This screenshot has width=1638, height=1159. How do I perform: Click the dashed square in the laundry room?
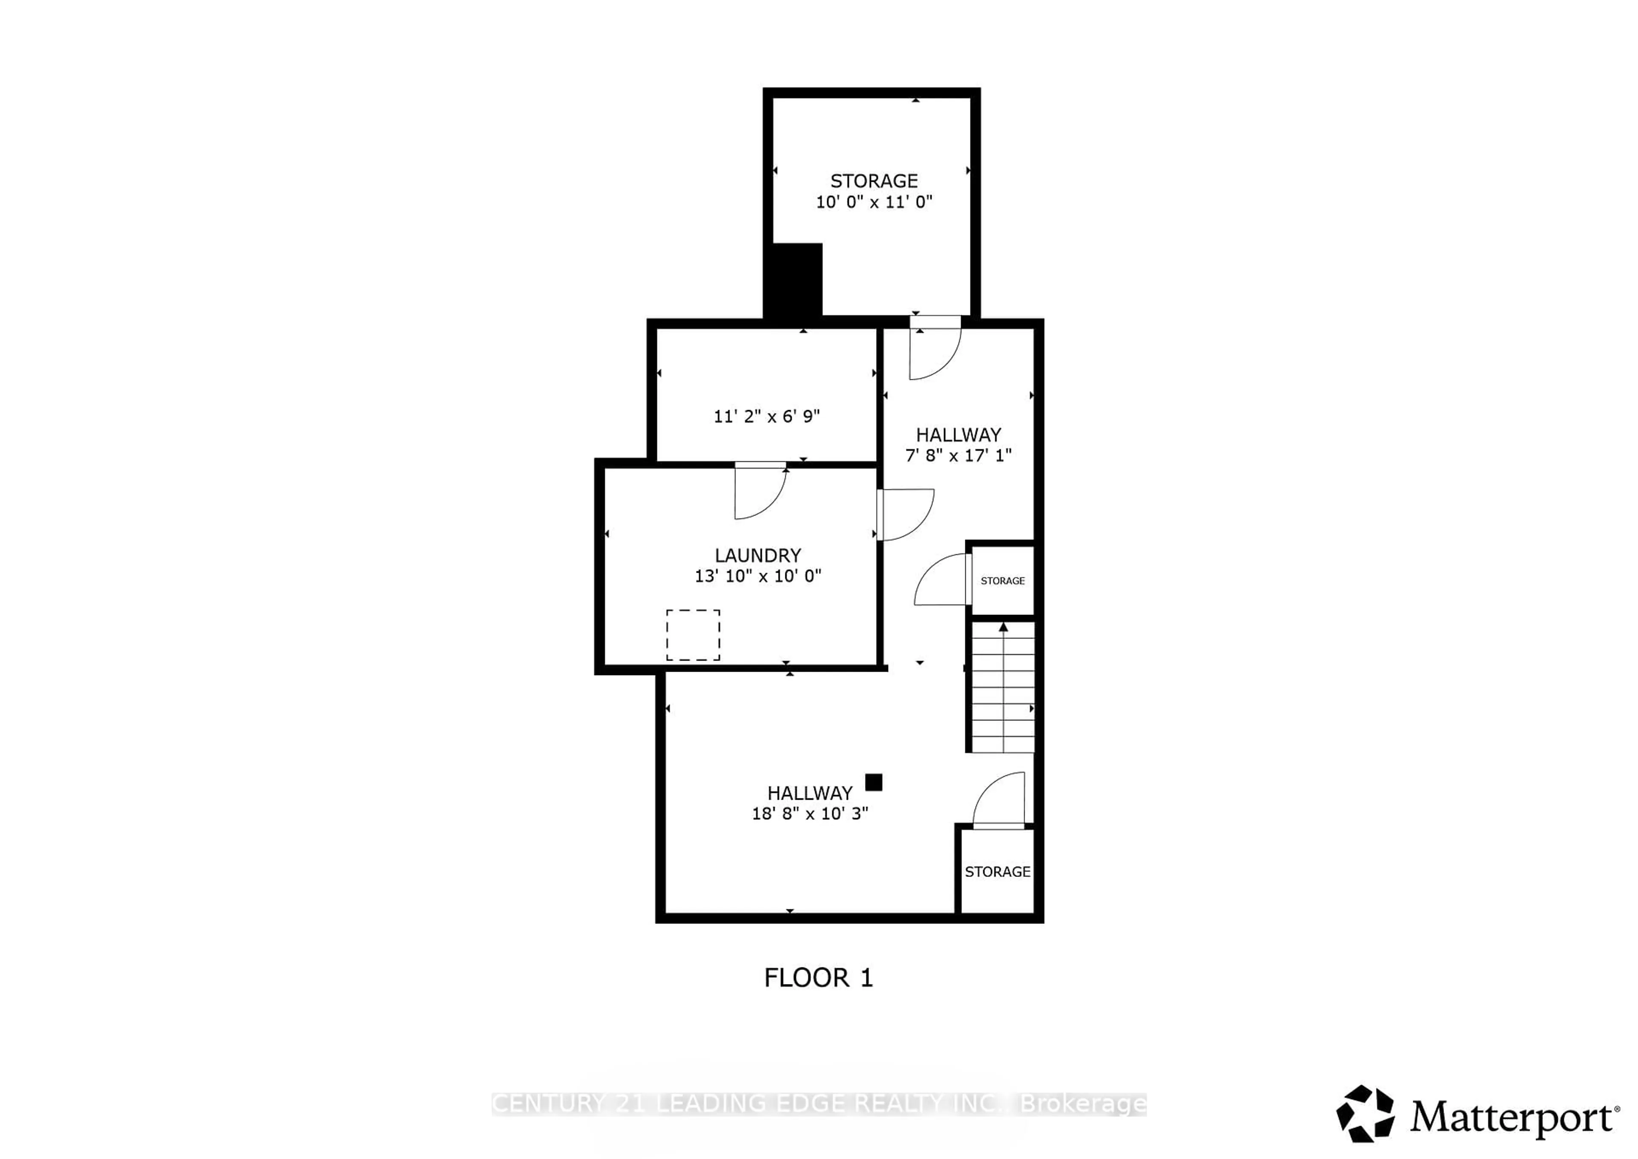coord(693,635)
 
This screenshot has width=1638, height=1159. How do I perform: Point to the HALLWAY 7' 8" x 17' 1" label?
coord(958,444)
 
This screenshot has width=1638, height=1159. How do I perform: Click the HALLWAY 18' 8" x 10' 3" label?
coord(810,803)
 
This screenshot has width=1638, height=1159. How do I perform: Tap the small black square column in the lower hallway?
coord(873,782)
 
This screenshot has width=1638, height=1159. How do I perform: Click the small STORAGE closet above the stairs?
coord(1002,580)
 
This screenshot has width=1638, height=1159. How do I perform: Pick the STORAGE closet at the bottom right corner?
coord(996,871)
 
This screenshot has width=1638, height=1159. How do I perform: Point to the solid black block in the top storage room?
coord(793,280)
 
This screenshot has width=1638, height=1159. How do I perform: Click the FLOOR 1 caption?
coord(818,978)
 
